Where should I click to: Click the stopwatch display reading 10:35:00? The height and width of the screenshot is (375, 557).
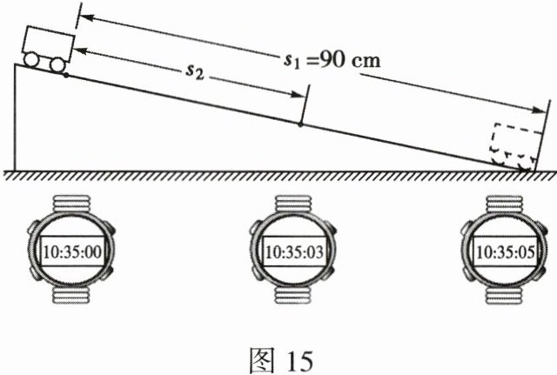[x=72, y=251]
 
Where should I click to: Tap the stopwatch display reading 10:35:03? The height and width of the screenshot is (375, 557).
[x=294, y=251]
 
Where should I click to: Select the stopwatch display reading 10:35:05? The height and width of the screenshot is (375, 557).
[x=506, y=251]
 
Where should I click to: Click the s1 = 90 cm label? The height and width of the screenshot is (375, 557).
[x=332, y=61]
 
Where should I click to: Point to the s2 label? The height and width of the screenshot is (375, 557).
[x=195, y=72]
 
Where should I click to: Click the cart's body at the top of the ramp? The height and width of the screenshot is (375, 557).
[x=48, y=43]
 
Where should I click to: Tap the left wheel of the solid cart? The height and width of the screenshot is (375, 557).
[x=31, y=60]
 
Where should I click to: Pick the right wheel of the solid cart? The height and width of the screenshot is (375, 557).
[x=57, y=65]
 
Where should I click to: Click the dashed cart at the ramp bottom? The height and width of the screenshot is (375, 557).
[x=515, y=147]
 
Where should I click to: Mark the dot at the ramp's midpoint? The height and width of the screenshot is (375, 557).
[x=300, y=124]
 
